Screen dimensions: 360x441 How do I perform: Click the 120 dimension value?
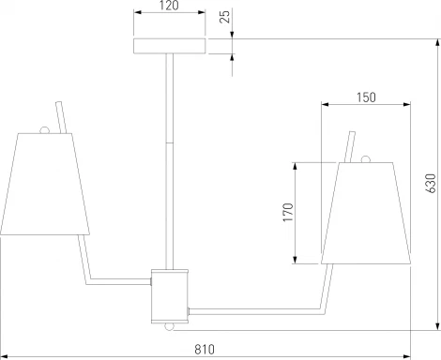(169, 7)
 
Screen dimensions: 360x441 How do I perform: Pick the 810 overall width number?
(204, 350)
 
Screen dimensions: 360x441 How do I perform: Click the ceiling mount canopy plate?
(169, 46)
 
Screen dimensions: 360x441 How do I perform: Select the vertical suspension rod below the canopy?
(169, 159)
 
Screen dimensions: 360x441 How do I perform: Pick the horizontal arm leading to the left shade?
(120, 278)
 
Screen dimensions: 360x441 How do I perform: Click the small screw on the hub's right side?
(190, 309)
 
